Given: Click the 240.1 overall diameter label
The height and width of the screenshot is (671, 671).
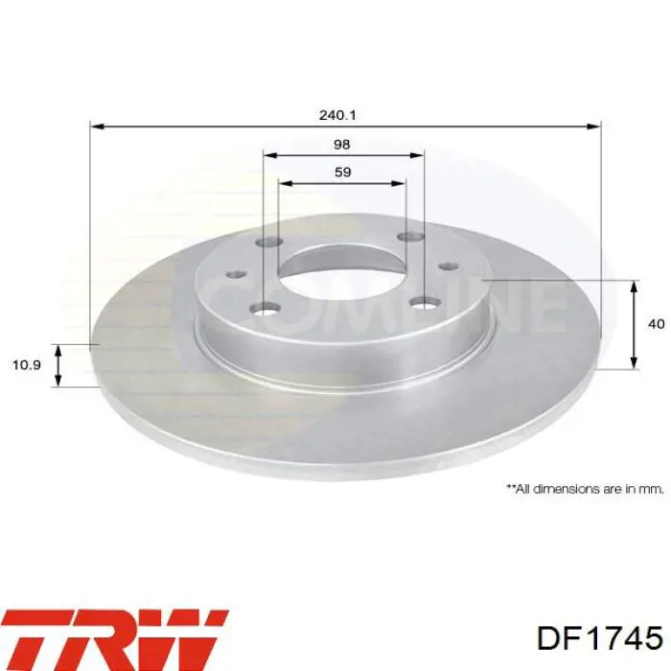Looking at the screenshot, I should coord(337,114).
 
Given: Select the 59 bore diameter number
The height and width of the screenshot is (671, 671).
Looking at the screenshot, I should coord(342,173).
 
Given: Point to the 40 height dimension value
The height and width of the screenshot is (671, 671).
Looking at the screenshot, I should coord(656,324).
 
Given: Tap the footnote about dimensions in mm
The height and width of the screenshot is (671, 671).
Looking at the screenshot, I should coord(585,488).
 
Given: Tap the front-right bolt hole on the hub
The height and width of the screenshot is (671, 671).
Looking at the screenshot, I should coord(423,303).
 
